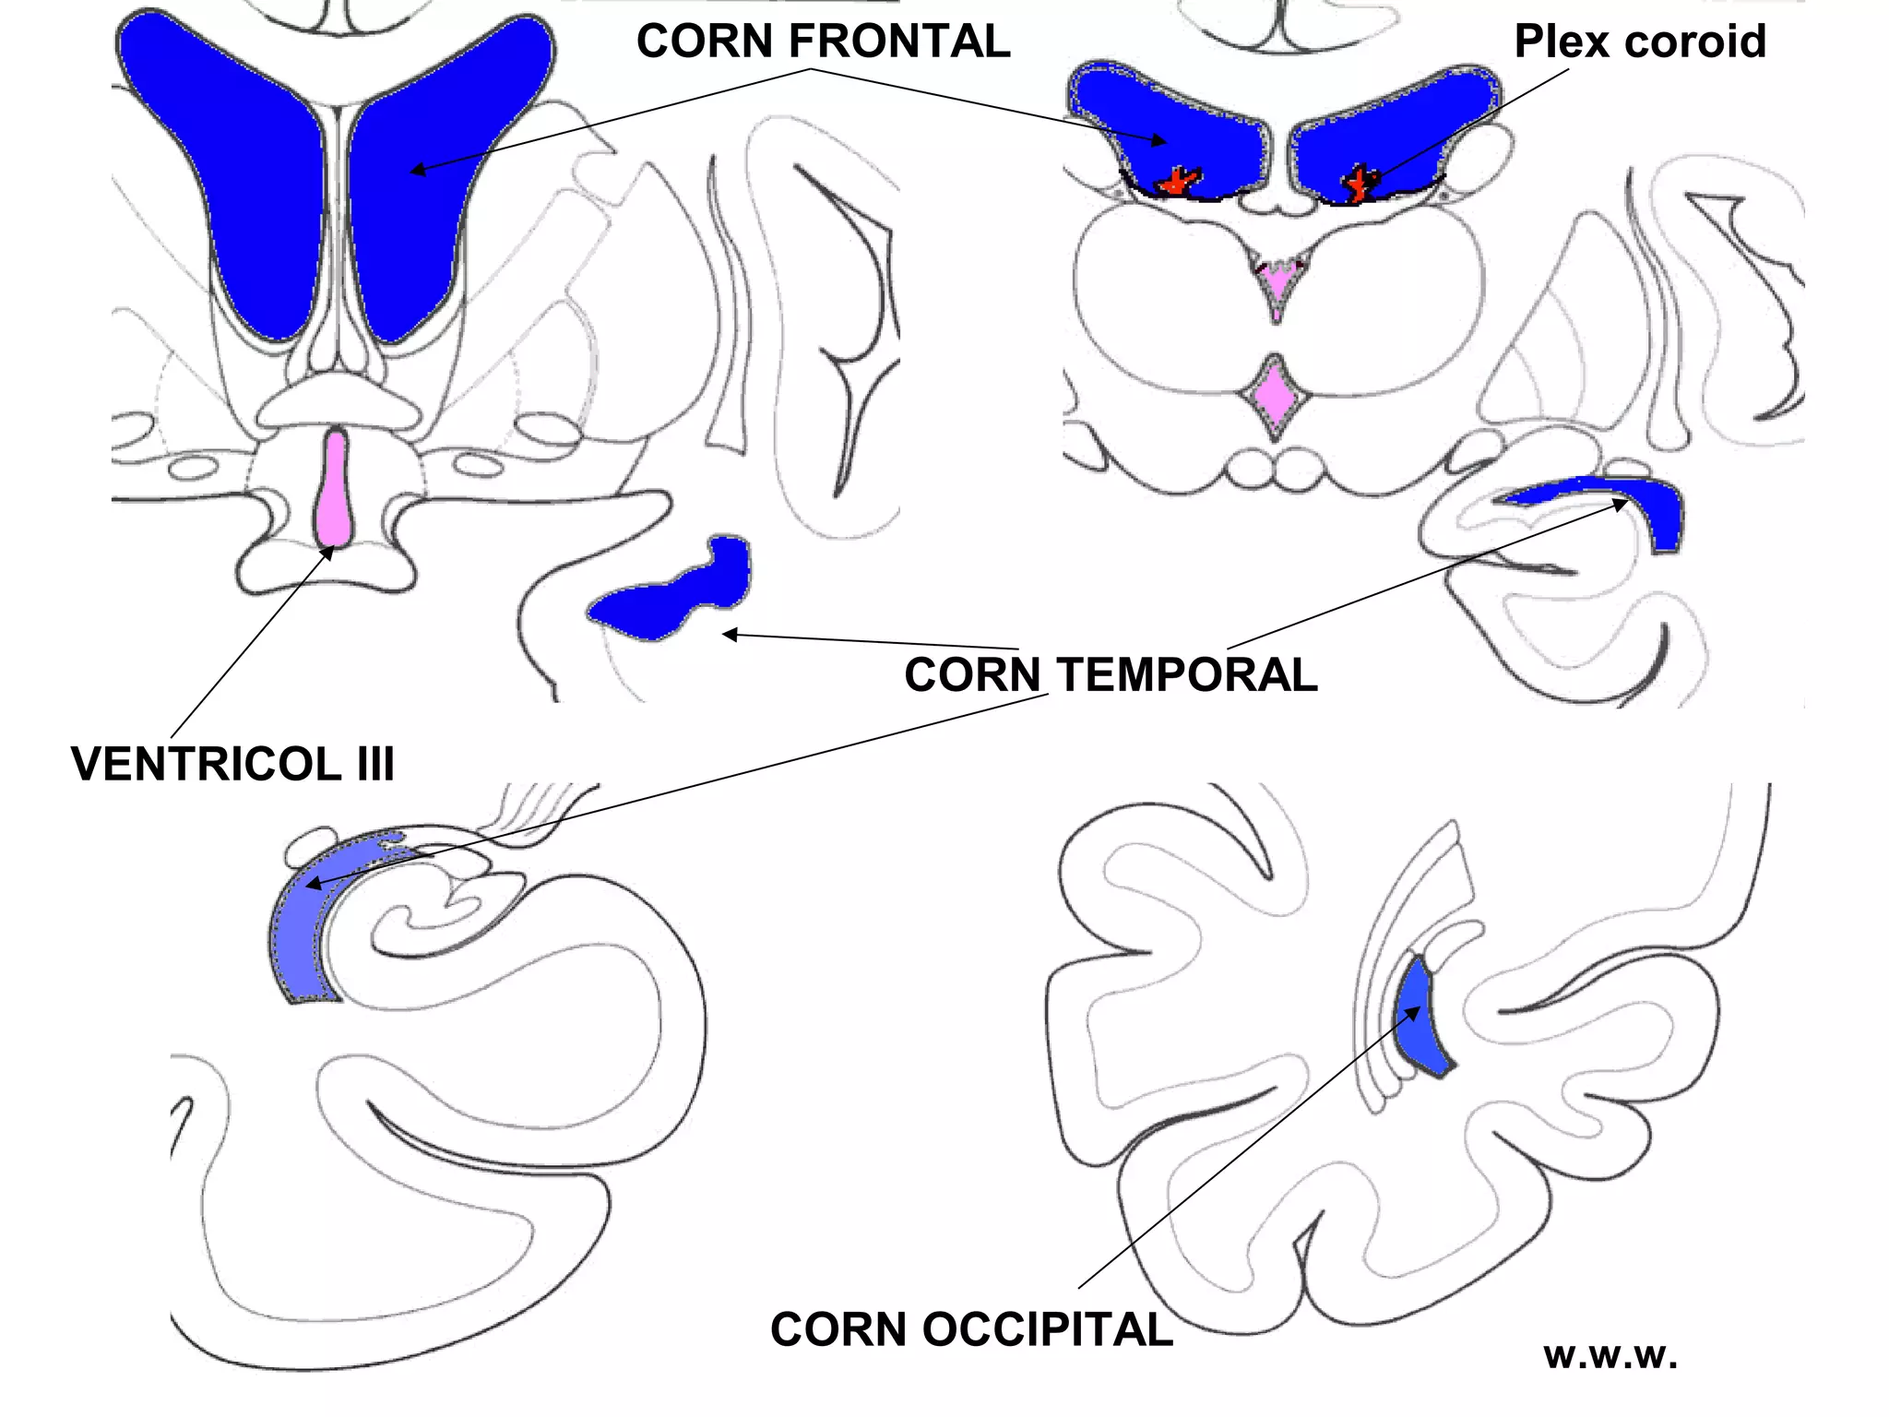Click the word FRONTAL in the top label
(x=899, y=42)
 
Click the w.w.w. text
(x=1610, y=1354)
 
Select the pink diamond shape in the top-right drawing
(x=1275, y=397)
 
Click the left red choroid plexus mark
(x=1179, y=181)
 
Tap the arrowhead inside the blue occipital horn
(x=1414, y=1013)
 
